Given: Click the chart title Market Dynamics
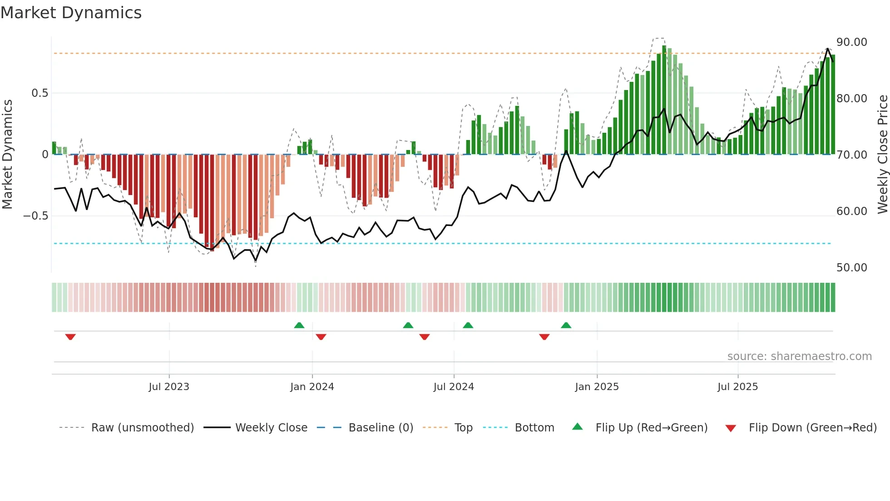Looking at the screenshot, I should click(x=71, y=13).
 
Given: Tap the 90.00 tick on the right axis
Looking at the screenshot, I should click(x=851, y=42).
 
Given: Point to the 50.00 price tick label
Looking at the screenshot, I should click(x=851, y=268).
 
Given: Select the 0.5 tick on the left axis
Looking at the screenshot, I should click(x=40, y=93).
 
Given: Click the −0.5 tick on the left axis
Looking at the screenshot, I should click(x=36, y=216).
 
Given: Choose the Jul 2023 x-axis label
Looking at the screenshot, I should click(x=169, y=387).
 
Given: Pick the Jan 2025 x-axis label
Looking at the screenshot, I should click(x=597, y=387).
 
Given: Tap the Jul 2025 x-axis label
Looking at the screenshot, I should click(x=737, y=387).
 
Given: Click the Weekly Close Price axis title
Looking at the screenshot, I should click(x=882, y=155).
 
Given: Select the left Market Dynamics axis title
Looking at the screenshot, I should click(x=7, y=155).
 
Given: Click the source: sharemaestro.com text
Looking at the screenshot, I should click(x=799, y=356).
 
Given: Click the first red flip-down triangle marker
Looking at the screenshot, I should click(x=70, y=337).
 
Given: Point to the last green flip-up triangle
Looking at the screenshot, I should click(x=566, y=326).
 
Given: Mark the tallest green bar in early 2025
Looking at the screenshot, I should click(x=664, y=100).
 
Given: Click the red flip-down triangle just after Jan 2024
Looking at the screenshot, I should click(x=321, y=337).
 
